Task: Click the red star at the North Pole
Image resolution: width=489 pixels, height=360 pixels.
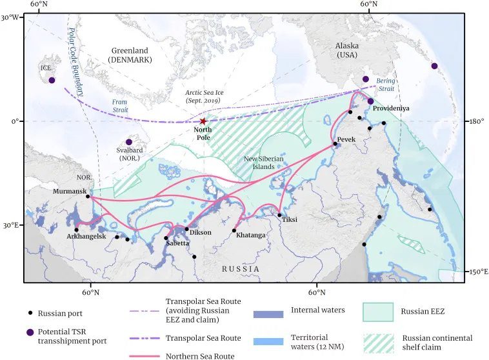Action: (203, 121)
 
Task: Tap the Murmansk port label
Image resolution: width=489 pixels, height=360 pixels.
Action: (70, 192)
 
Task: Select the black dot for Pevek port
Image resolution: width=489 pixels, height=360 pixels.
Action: (335, 144)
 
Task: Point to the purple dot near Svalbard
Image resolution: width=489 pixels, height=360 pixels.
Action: (128, 142)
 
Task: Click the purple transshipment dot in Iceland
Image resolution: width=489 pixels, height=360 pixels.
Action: (52, 80)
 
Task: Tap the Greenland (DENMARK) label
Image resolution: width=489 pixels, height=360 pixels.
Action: (129, 55)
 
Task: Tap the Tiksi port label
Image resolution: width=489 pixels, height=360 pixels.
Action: (290, 219)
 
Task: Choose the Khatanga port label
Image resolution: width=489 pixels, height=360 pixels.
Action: (250, 235)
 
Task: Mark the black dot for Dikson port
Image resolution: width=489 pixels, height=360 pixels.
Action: (187, 228)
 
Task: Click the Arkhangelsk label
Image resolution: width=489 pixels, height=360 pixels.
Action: (86, 237)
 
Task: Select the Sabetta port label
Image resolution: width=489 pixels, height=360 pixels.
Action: (177, 243)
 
